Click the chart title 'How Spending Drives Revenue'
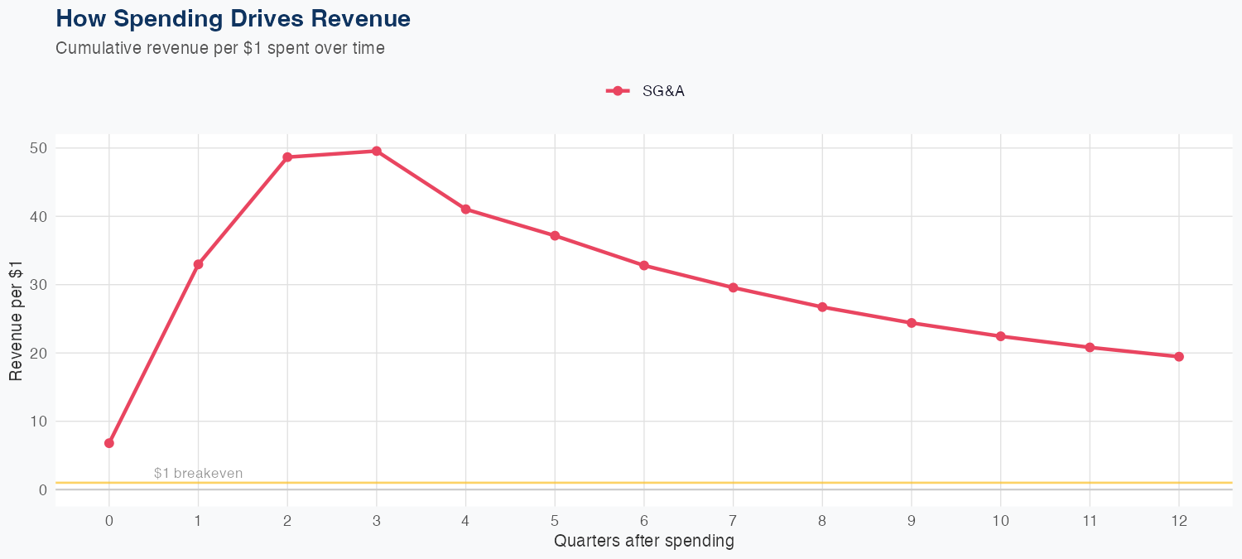[233, 18]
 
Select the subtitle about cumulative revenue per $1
[220, 48]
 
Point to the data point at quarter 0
[109, 443]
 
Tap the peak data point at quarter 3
[377, 151]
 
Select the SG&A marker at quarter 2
[287, 157]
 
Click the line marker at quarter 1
[198, 264]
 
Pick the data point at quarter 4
[465, 209]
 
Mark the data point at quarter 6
[644, 266]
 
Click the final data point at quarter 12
[1179, 357]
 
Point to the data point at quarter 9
[912, 323]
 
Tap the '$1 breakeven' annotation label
[198, 474]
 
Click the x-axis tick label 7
[733, 521]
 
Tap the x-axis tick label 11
[1090, 521]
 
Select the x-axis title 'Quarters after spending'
[643, 542]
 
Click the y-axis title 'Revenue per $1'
[16, 319]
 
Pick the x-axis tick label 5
[555, 521]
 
